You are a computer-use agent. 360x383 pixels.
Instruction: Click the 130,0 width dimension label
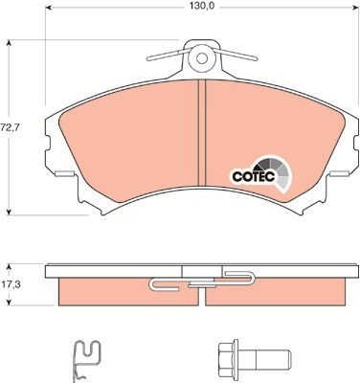pos(201,7)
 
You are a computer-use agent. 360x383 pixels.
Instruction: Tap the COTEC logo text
pos(254,176)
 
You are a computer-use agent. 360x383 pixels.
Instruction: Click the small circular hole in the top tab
pos(201,58)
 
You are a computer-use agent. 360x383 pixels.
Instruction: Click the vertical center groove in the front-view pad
pos(202,132)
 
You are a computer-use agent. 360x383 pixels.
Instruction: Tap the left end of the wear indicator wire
pos(148,59)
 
